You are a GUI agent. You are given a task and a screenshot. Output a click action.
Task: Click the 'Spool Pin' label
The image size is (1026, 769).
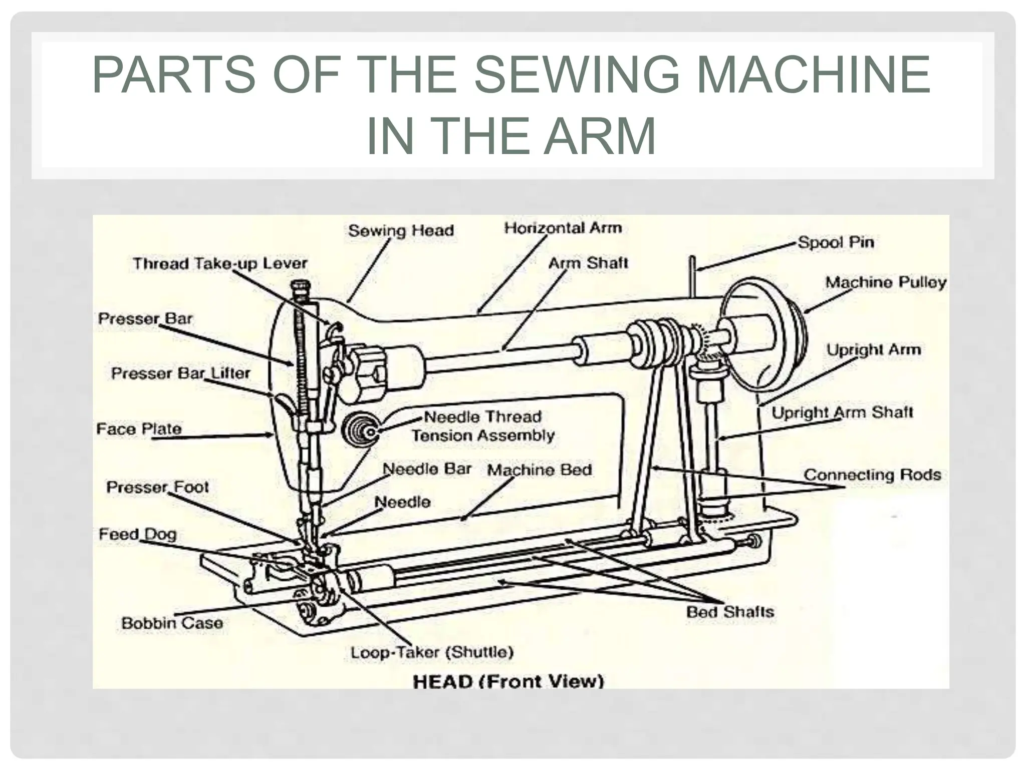[x=836, y=242]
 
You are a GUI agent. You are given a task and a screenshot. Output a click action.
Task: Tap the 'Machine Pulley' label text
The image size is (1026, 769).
[x=886, y=282]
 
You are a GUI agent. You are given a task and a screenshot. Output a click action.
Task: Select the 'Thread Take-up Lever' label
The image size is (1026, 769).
[x=220, y=263]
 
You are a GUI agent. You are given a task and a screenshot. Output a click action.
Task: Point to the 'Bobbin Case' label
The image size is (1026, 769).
[x=172, y=623]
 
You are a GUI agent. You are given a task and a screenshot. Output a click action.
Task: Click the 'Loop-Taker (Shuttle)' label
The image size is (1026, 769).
[x=432, y=652]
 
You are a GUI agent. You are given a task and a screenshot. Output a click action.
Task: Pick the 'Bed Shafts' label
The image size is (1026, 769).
[x=730, y=611]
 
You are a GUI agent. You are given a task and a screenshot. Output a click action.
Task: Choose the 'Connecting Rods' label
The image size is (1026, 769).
[x=872, y=475]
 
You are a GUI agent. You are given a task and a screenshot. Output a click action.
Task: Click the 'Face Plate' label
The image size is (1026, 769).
[x=139, y=429]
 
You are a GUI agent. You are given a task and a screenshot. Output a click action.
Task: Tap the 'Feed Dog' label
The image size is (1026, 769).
[x=138, y=534]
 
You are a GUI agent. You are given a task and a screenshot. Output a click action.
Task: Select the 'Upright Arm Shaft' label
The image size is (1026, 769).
[x=842, y=413]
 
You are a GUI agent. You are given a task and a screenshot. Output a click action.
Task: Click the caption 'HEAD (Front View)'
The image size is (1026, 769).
[x=508, y=681]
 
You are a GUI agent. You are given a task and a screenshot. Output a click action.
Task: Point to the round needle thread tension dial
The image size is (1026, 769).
[x=360, y=430]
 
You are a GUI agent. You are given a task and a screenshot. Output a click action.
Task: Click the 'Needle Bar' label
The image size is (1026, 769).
[x=427, y=469]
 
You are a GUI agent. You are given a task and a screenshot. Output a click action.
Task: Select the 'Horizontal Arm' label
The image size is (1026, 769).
[x=563, y=228]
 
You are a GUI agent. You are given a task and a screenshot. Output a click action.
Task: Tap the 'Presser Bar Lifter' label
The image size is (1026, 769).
[x=180, y=373]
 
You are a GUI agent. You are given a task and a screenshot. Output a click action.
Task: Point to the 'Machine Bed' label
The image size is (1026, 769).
[x=539, y=470]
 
